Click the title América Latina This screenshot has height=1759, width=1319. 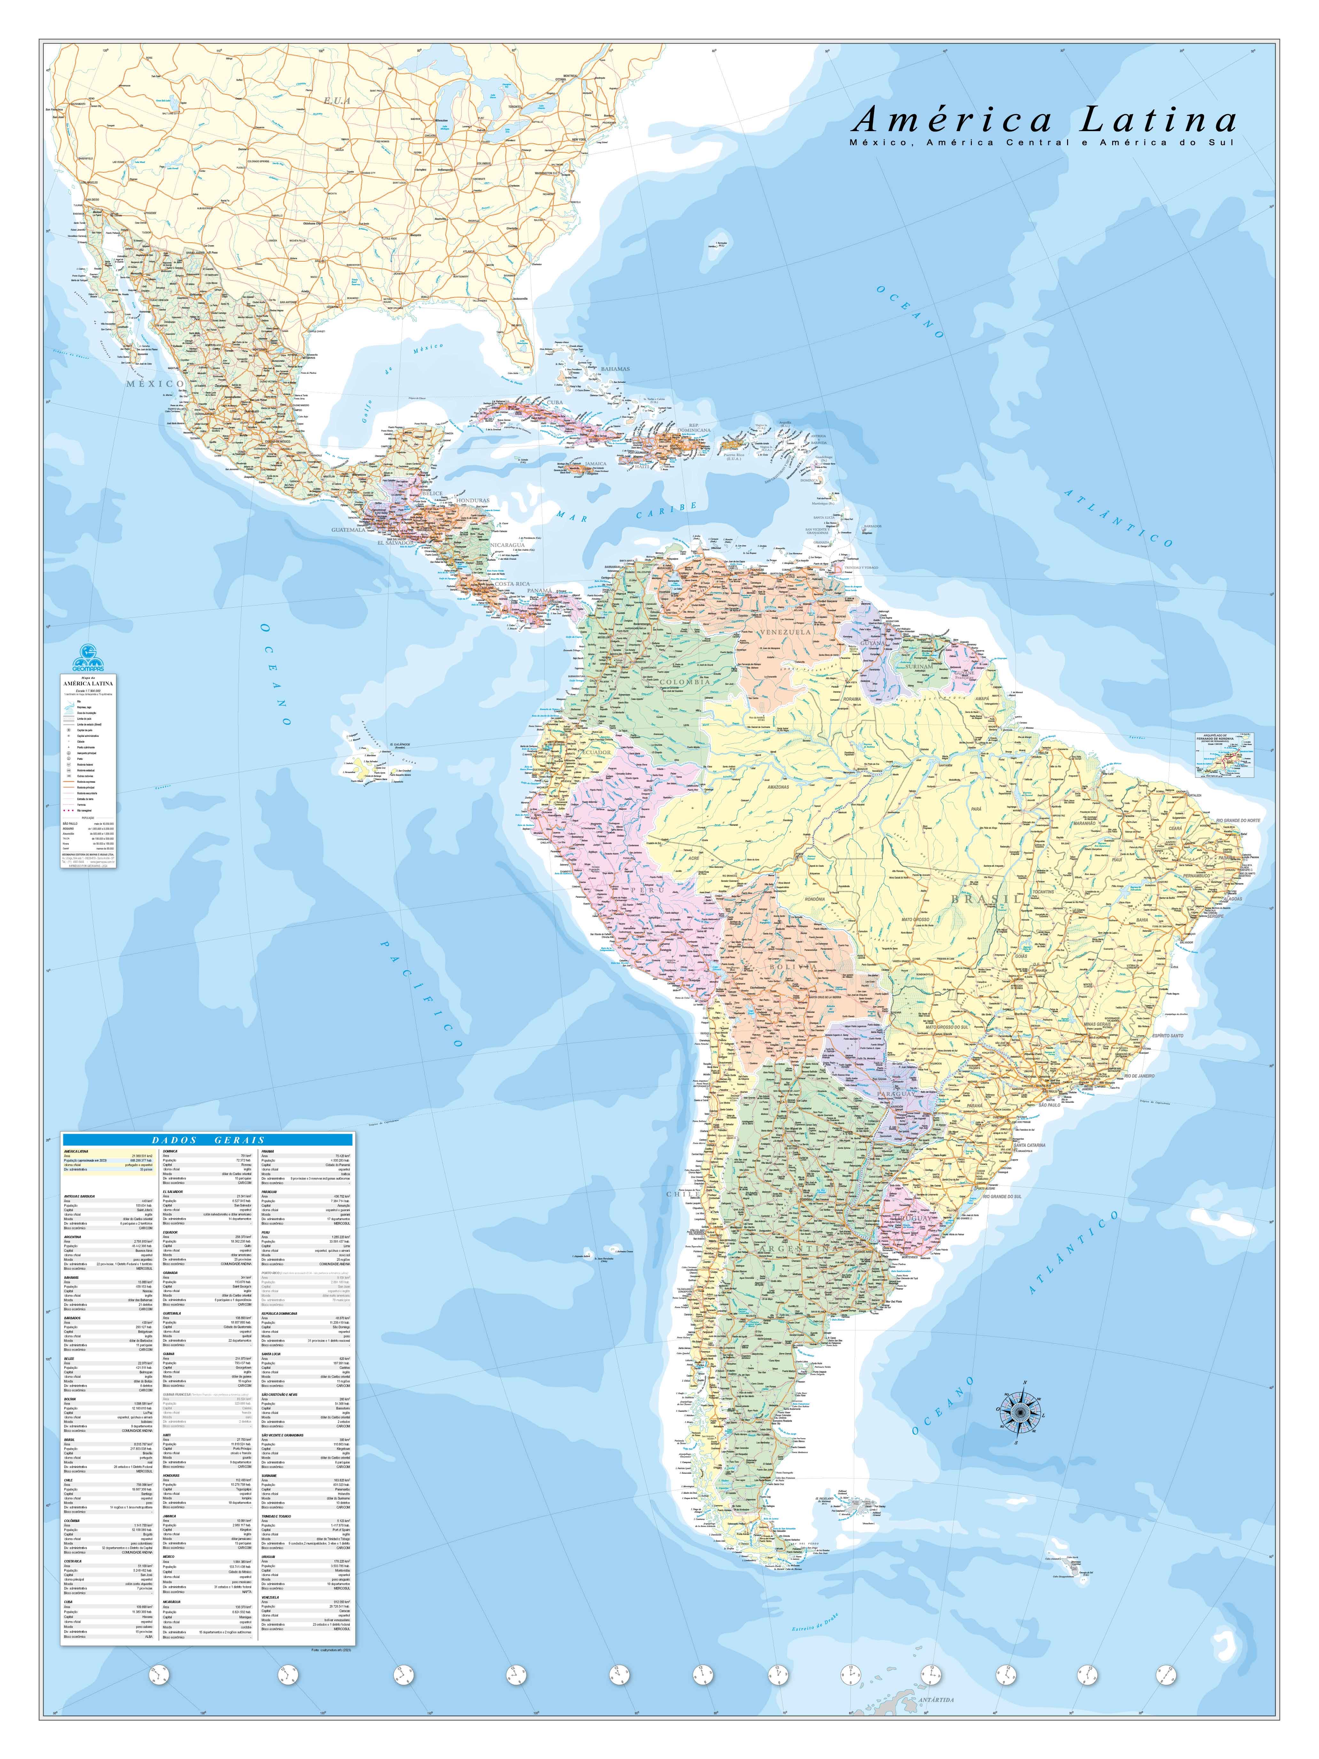[1044, 120]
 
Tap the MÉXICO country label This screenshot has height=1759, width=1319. [155, 383]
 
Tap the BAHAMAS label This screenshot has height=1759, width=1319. [614, 368]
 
